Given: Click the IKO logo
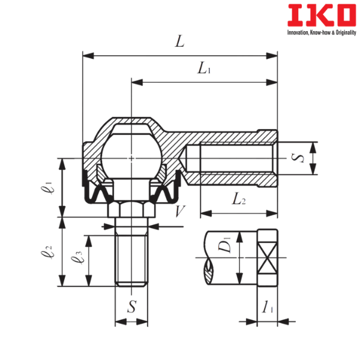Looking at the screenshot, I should click(321, 16).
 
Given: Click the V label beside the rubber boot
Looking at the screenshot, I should click(178, 211).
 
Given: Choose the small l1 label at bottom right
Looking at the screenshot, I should click(268, 308).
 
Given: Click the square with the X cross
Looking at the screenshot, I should click(268, 257).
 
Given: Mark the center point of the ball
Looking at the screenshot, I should click(131, 158).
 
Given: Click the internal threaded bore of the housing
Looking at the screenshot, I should click(231, 159).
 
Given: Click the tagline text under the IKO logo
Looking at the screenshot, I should click(321, 34).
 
